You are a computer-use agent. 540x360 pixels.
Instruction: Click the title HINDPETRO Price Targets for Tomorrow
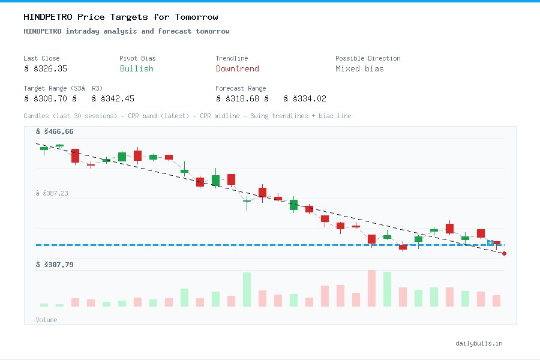[121, 17]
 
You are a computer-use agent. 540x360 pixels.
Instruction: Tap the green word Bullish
[136, 68]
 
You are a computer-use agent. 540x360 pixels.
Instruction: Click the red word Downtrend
[237, 68]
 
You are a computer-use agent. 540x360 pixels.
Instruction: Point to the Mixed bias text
[359, 68]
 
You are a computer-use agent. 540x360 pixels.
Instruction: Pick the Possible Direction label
[367, 58]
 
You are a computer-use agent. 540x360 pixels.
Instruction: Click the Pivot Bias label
[137, 58]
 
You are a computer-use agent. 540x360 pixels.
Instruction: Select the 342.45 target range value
[117, 98]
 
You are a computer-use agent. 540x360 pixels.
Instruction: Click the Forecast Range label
[241, 88]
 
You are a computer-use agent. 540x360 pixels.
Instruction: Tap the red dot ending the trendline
[504, 254]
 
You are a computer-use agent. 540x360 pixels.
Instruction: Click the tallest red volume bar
[371, 289]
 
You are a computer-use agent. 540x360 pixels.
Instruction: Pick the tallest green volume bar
[247, 290]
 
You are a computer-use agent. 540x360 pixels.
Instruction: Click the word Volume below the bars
[47, 320]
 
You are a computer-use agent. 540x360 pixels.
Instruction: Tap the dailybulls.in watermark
[479, 343]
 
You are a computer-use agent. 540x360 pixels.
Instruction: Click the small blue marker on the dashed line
[490, 243]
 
